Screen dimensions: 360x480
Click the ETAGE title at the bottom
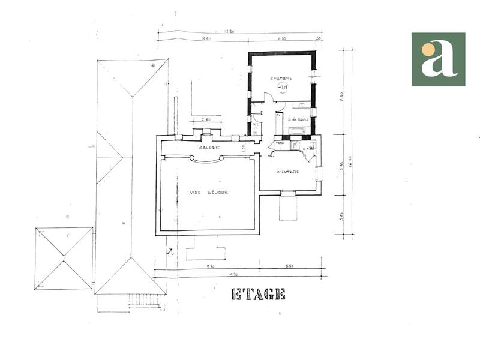[x=258, y=294]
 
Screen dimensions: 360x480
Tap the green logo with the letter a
[x=438, y=59]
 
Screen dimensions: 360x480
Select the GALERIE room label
[x=209, y=148]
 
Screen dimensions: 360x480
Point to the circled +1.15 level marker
[x=283, y=88]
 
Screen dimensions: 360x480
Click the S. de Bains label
[x=298, y=119]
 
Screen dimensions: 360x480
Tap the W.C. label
[x=256, y=125]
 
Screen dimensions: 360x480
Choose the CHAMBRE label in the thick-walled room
[x=281, y=79]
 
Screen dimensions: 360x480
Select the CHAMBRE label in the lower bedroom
[x=287, y=172]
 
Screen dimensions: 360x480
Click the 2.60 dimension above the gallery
[x=206, y=119]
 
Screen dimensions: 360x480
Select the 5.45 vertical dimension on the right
[x=342, y=166]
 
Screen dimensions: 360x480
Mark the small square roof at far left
[x=64, y=258]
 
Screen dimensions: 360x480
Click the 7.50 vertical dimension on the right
[x=342, y=96]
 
